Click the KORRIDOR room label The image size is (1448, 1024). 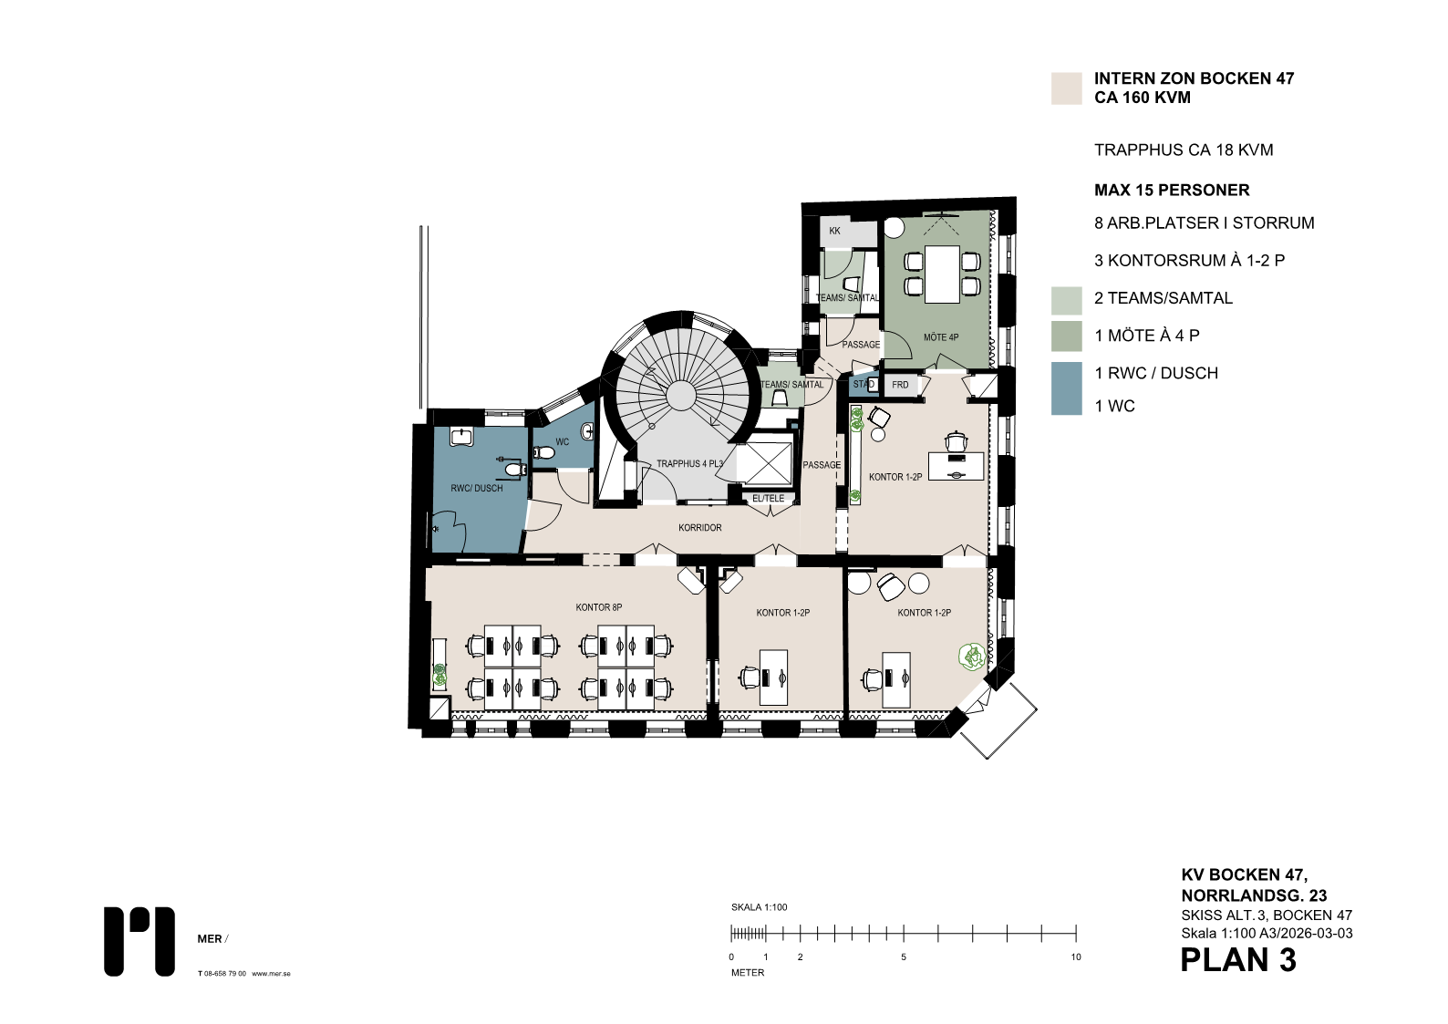pyautogui.click(x=699, y=528)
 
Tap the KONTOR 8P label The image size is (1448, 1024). pyautogui.click(x=598, y=607)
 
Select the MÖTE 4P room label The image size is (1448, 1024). pyautogui.click(x=940, y=337)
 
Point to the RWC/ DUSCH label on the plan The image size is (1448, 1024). pyautogui.click(x=476, y=488)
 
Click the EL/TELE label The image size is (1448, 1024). pyautogui.click(x=768, y=499)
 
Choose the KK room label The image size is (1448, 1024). pyautogui.click(x=834, y=231)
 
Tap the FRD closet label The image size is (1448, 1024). pyautogui.click(x=900, y=385)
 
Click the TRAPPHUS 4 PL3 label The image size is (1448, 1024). pyautogui.click(x=689, y=463)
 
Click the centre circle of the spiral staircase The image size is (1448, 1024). pyautogui.click(x=681, y=395)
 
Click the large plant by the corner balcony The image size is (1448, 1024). pyautogui.click(x=972, y=657)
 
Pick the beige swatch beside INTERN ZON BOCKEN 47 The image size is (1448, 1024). pyautogui.click(x=1066, y=88)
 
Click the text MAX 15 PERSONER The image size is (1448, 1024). pyautogui.click(x=1172, y=190)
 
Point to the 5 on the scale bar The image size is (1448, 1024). pyautogui.click(x=903, y=957)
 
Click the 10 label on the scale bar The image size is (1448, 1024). pyautogui.click(x=1076, y=957)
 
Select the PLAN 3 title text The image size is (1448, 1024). pyautogui.click(x=1238, y=960)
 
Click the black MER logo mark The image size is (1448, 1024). pyautogui.click(x=139, y=941)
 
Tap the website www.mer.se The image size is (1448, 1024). pyautogui.click(x=271, y=974)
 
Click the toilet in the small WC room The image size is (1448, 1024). pyautogui.click(x=543, y=453)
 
